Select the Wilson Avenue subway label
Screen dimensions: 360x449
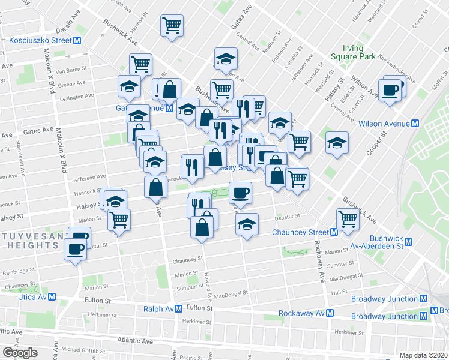tap(384, 124)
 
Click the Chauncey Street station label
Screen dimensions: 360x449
tap(300, 232)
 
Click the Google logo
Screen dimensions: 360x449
tap(20, 353)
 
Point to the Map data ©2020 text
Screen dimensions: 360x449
tap(423, 355)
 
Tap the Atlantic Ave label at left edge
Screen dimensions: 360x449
tap(11, 332)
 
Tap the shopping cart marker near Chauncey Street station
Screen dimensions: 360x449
tap(348, 218)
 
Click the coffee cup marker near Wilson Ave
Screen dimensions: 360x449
tap(390, 90)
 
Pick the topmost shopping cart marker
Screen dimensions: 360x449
tap(172, 26)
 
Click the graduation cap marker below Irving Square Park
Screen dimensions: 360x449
tap(337, 143)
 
